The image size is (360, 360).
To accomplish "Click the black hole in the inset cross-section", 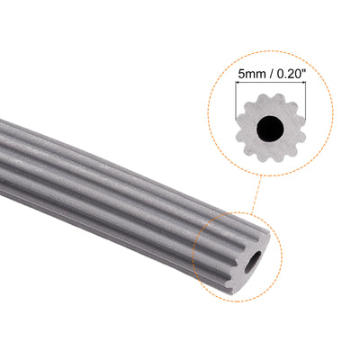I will tap(266, 131).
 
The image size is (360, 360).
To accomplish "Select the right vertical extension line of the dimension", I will tap(298, 101).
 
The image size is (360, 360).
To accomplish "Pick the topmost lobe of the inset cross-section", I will tap(266, 103).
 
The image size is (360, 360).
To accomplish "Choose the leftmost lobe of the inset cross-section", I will tap(238, 131).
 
